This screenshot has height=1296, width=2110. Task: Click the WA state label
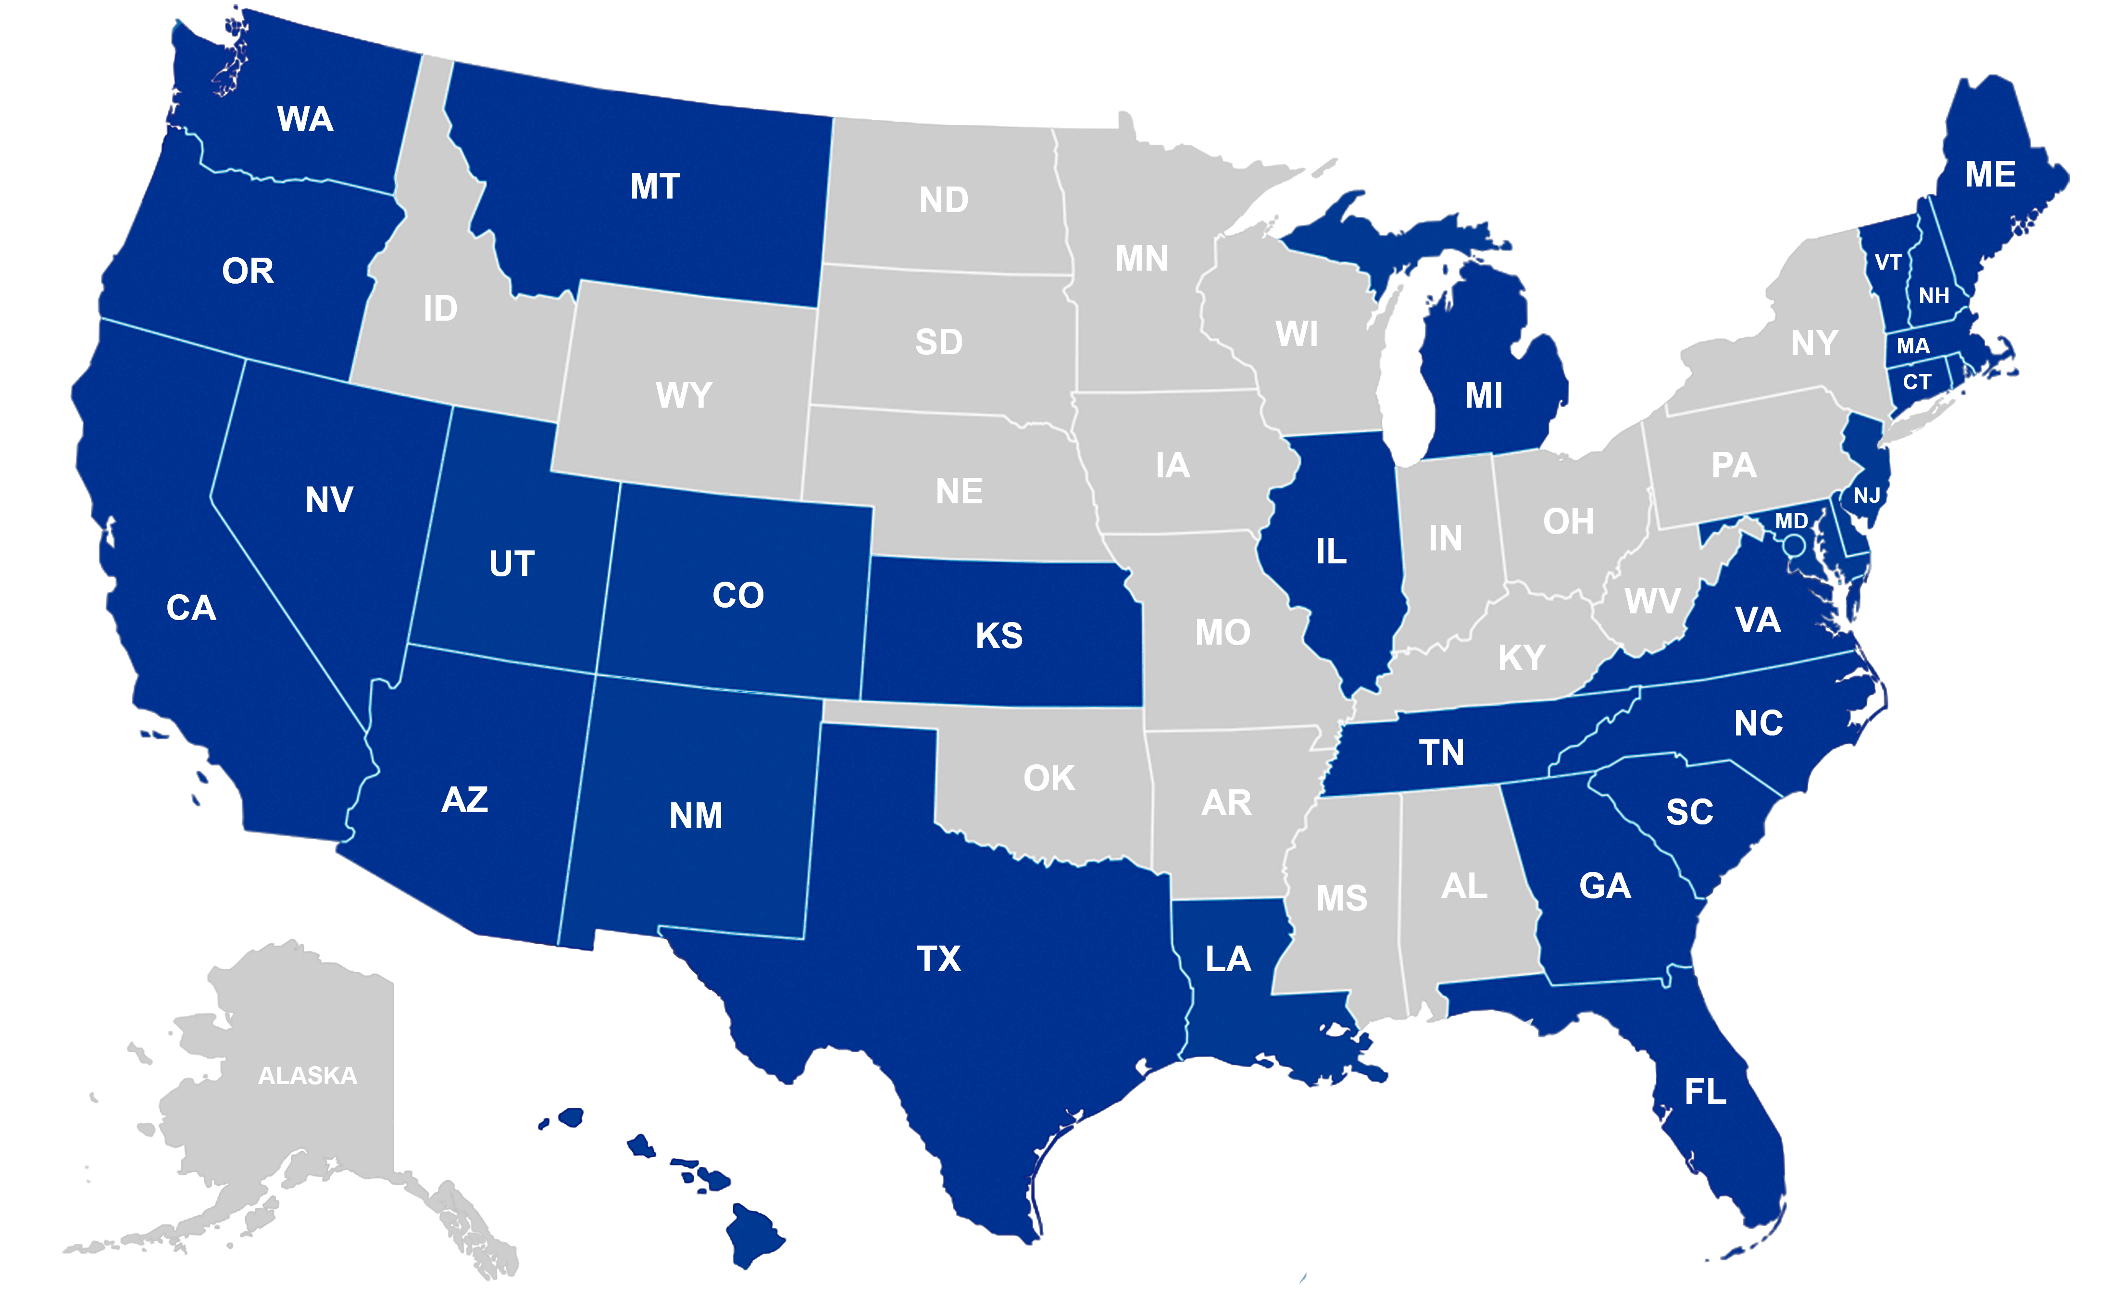305,119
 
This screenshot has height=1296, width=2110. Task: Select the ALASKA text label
308,1076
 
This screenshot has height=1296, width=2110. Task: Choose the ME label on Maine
1990,175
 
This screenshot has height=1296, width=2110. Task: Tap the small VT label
1888,262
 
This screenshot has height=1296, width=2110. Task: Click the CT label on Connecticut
1917,382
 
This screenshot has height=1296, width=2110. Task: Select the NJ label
1867,496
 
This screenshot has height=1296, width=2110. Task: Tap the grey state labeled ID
440,309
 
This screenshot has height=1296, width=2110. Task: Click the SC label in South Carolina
1689,812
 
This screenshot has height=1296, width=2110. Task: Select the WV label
1652,601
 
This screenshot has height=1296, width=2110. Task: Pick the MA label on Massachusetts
1913,346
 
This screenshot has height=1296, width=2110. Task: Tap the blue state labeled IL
1331,551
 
